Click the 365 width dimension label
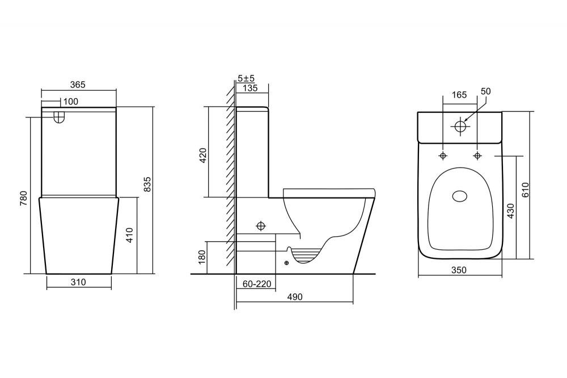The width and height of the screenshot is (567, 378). pos(78,85)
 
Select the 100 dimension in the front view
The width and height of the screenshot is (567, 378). pos(70,102)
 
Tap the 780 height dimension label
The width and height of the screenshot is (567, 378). pos(24,199)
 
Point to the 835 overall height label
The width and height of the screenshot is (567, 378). pos(147,184)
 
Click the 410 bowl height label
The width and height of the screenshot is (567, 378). pos(130,235)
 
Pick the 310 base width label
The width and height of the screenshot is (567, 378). pos(78,282)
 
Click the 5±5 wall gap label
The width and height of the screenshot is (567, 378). pos(246,78)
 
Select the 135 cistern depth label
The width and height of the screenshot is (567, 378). pos(250,88)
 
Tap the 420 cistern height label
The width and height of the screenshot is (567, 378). pos(203,156)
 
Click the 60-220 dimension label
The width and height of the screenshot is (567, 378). pos(257,284)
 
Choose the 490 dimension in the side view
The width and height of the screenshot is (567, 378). pos(295,297)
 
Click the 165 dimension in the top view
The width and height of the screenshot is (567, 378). pos(459,95)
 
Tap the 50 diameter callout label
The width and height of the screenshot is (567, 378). pos(486,91)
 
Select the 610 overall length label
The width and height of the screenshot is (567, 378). pos(526,190)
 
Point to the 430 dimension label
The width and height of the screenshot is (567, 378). pos(511,211)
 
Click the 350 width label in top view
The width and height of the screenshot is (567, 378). pos(459,270)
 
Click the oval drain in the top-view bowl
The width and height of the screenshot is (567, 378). pos(460,196)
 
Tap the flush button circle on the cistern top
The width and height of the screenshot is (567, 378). pos(460,127)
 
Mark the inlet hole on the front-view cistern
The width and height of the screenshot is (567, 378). pos(59,117)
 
